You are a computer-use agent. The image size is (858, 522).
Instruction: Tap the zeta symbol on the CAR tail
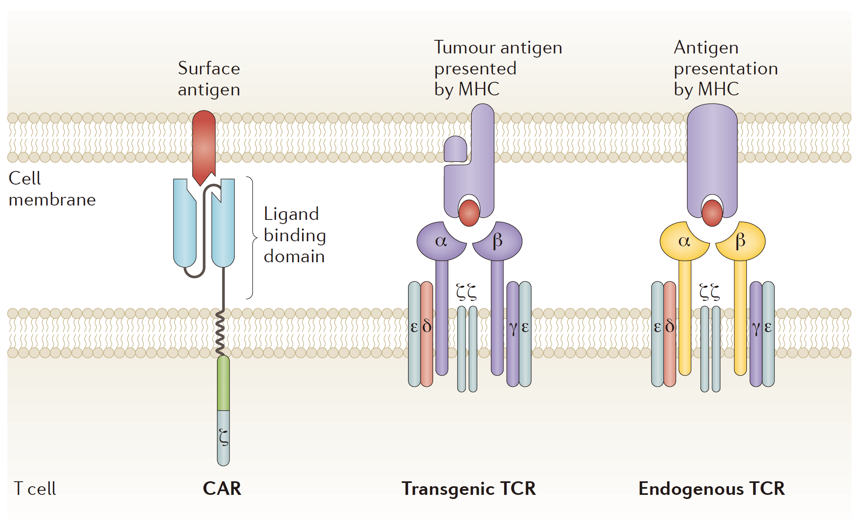pos(224,437)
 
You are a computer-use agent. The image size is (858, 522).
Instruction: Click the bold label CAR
pos(222,489)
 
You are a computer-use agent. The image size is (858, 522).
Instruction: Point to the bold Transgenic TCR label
pos(468,489)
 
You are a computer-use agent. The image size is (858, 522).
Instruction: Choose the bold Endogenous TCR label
pos(711,489)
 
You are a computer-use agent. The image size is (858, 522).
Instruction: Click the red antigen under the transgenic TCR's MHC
pos(469,213)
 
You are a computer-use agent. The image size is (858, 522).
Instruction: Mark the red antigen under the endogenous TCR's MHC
pos(712,213)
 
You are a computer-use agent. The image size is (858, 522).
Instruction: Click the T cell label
pos(35,489)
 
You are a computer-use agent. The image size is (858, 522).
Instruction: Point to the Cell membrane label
pos(52,189)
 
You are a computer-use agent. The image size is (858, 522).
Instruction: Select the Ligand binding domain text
pos(295,235)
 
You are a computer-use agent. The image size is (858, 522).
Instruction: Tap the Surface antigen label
pos(209,79)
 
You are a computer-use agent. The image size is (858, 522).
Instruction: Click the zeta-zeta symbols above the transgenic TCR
pos(466,292)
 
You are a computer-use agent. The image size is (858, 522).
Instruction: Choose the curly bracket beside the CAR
pos(251,238)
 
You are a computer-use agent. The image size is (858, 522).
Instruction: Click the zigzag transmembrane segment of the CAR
pos(220,333)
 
